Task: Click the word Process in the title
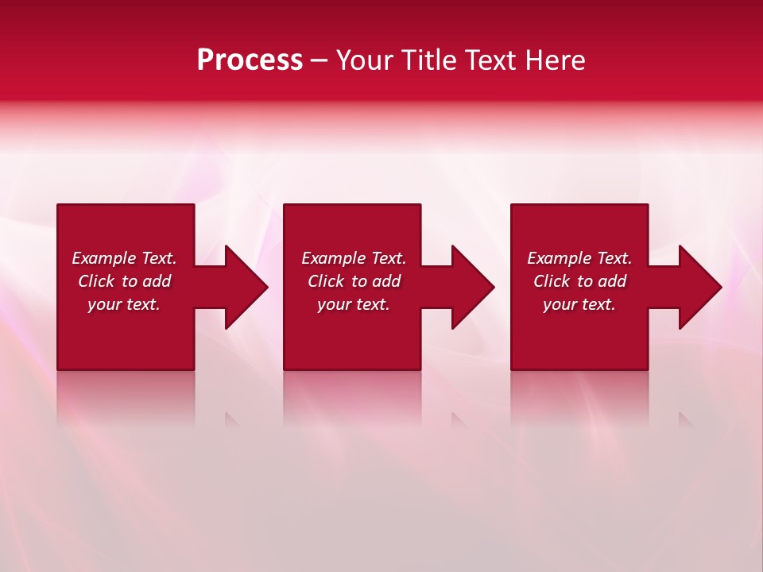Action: [250, 60]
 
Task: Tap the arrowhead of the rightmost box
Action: [699, 287]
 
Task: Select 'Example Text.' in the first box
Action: [124, 258]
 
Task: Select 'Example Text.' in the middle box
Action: [354, 258]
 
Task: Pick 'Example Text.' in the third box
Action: [579, 258]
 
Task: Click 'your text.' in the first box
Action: [124, 304]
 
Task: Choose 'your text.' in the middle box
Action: [354, 304]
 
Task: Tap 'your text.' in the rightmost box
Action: [579, 304]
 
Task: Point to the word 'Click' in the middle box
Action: [326, 281]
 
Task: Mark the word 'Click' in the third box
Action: [552, 281]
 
